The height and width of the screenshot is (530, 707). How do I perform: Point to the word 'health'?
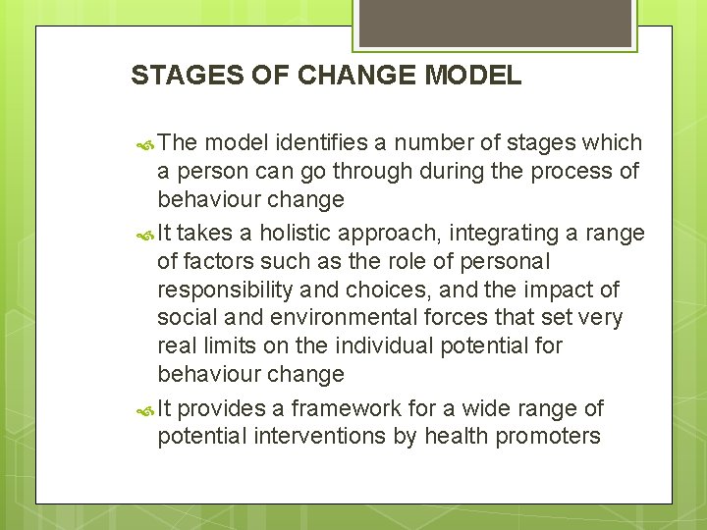455,436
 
